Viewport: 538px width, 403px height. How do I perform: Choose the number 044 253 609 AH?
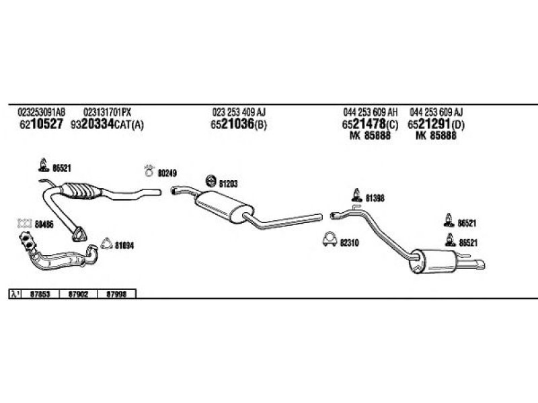(370, 112)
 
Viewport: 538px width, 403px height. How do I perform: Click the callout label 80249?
(167, 173)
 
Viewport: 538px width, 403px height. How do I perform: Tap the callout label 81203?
(229, 183)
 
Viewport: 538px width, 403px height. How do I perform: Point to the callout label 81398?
(375, 197)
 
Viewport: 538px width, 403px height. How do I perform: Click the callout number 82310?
(350, 242)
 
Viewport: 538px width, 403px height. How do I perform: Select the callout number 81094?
(124, 245)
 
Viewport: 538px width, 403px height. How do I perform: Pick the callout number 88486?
(44, 225)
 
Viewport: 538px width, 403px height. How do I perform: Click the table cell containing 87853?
(40, 294)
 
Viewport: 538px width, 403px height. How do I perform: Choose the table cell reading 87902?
(78, 294)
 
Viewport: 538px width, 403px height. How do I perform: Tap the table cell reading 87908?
(116, 294)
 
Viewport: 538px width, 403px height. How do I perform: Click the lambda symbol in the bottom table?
(13, 294)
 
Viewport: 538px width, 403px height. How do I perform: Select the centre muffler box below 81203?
(221, 202)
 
